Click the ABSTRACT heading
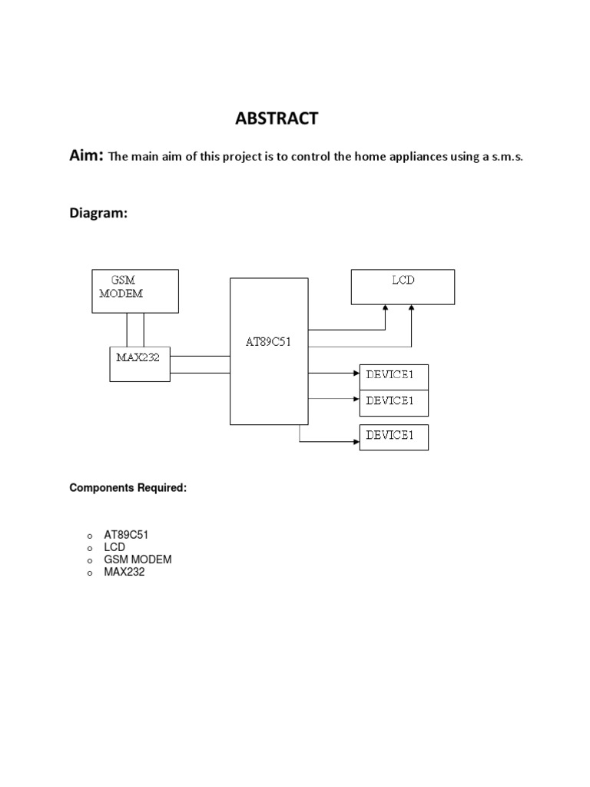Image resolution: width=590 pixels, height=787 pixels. pos(276,118)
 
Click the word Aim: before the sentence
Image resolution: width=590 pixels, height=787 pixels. pos(86,157)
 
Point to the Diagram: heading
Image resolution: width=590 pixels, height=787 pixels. pos(98,215)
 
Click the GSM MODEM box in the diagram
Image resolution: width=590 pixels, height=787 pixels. pos(135,291)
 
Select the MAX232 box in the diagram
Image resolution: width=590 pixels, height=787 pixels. pos(139,364)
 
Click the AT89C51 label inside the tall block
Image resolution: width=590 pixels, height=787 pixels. pos(268,341)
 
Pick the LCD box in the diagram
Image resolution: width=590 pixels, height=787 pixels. pos(403,287)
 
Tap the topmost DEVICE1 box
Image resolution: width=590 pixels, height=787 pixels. pos(393,377)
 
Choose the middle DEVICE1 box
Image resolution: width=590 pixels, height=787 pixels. pos(393,402)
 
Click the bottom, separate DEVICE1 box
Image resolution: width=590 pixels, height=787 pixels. pos(393,437)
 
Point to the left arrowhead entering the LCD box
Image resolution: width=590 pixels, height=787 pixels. pos(386,308)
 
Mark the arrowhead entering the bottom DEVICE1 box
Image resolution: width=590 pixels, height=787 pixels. pos(356,443)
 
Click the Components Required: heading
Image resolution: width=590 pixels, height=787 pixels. pos(128,488)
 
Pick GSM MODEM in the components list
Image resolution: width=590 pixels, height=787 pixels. pos(138,560)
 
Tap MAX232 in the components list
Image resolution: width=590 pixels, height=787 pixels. pos(124,572)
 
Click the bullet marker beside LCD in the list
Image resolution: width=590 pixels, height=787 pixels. pos(90,549)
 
